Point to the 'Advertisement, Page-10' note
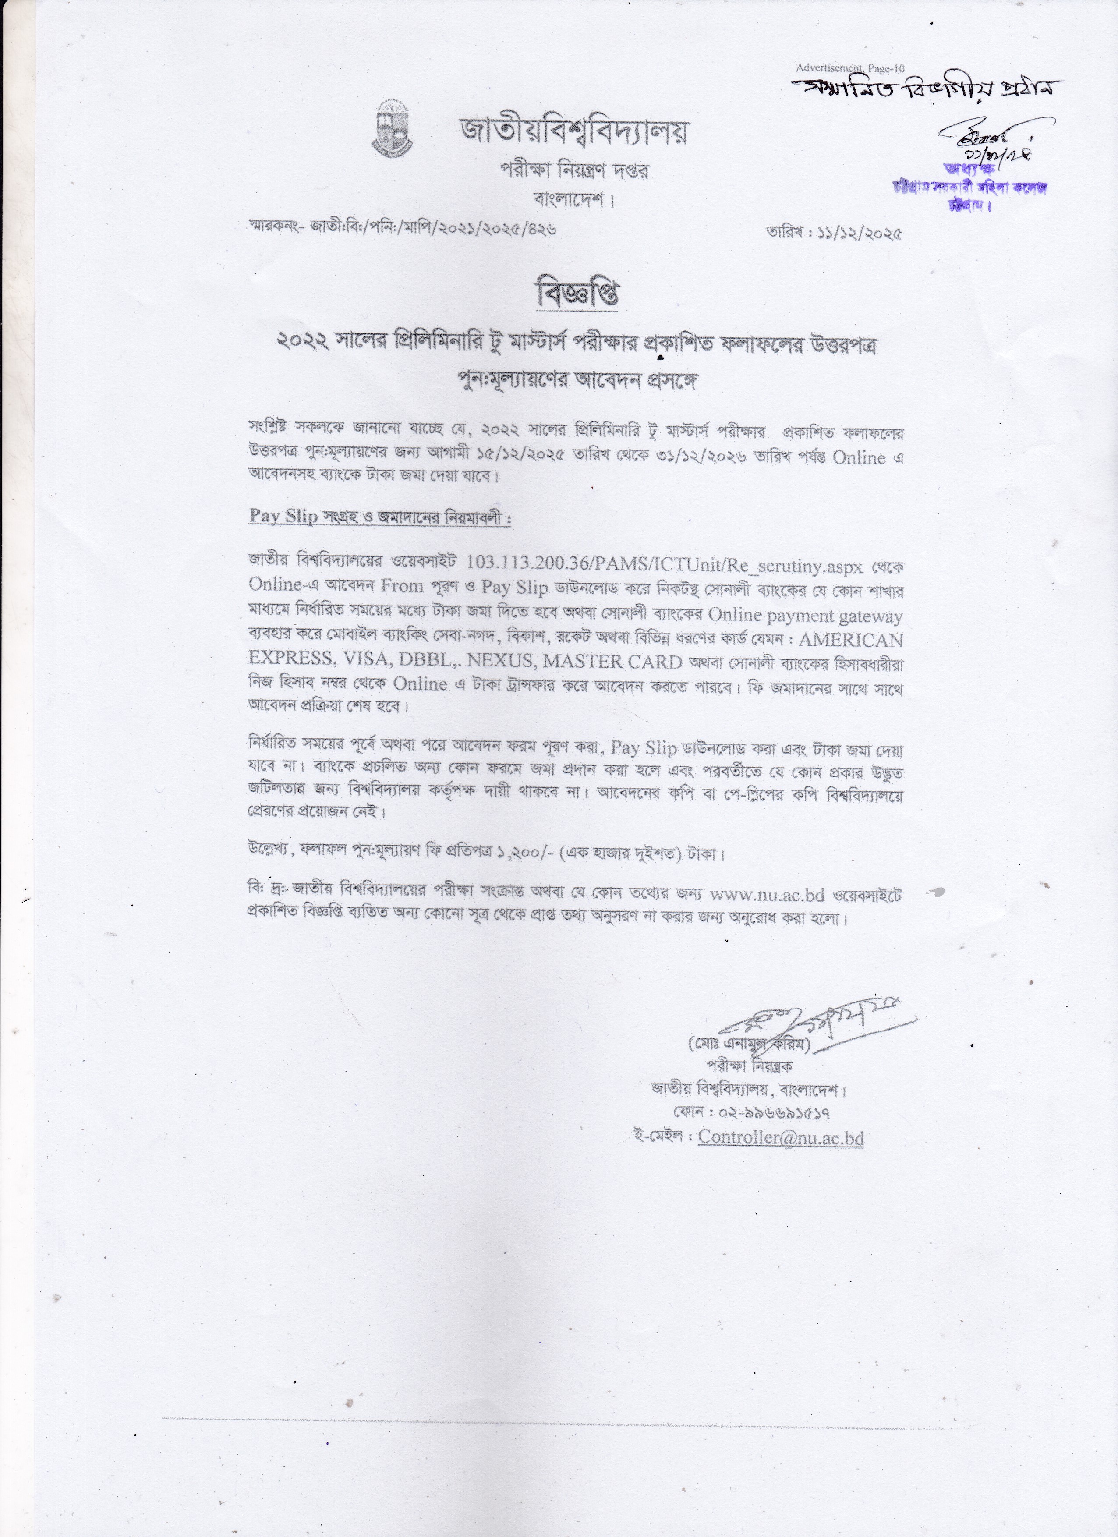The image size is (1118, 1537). click(850, 68)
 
